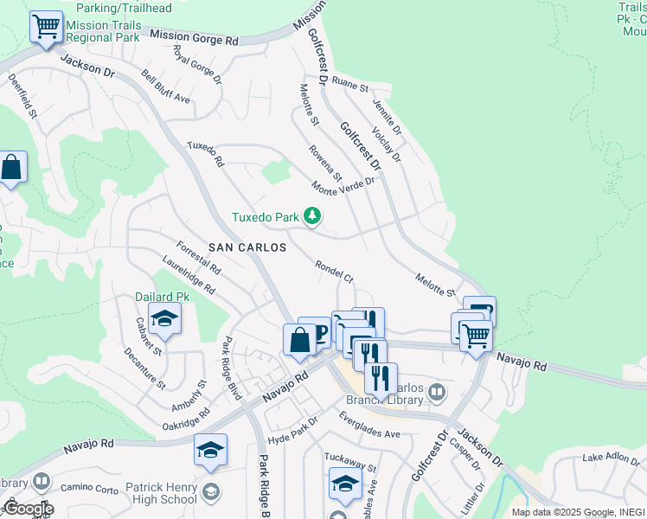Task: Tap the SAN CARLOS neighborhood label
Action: [x=247, y=247]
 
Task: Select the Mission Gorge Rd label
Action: [x=194, y=37]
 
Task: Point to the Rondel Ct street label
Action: [x=334, y=272]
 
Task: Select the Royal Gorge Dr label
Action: [x=197, y=66]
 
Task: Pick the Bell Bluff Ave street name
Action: [x=165, y=87]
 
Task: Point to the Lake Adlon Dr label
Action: [x=612, y=457]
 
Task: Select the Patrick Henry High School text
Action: [x=161, y=493]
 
